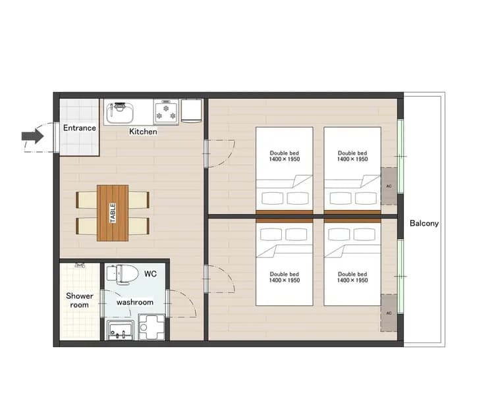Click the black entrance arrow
coord(33,136)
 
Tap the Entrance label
coord(80,128)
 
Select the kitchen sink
coord(119,113)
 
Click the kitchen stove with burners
coord(166,112)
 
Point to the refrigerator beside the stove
coord(191,111)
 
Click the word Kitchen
coord(143,131)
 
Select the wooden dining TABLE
coord(113,213)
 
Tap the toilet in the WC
coord(123,274)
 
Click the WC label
coord(150,274)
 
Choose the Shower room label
coord(80,300)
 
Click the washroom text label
coord(135,302)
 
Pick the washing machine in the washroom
coord(151,327)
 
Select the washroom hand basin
coord(120,330)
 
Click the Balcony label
coord(424,223)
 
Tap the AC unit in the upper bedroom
coord(389,186)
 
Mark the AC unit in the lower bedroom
coord(389,313)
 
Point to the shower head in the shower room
coord(80,265)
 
